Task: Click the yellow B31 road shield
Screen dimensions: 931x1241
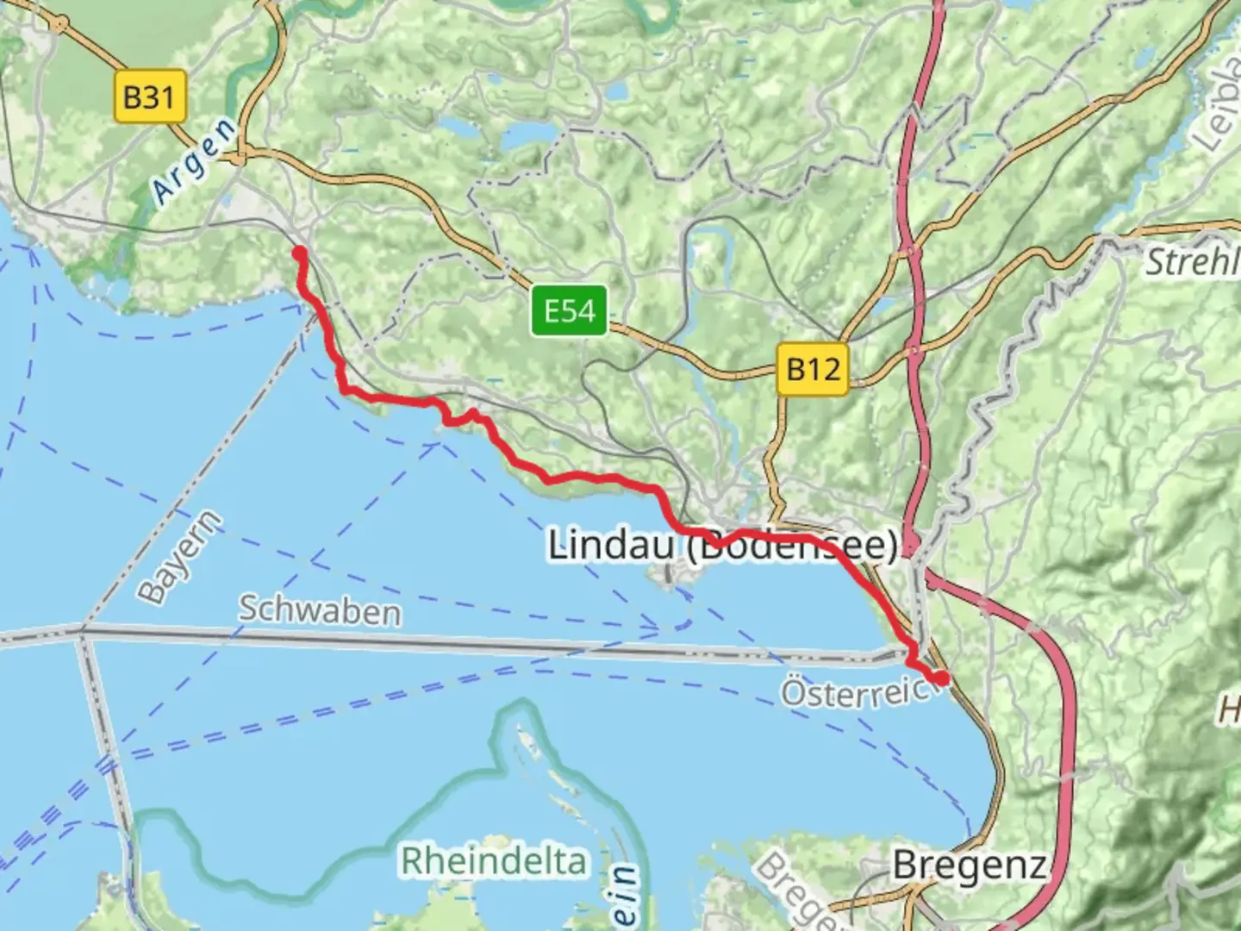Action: [149, 96]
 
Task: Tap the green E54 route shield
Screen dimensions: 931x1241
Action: [570, 309]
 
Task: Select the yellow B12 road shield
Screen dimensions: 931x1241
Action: [813, 369]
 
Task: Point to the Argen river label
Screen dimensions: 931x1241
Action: [194, 162]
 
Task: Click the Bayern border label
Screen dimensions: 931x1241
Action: [180, 558]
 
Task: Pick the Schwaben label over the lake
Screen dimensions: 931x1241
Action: [319, 610]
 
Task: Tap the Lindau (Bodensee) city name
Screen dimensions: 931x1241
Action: [722, 546]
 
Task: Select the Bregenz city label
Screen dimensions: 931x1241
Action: [970, 864]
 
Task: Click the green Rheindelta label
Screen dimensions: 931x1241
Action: [493, 860]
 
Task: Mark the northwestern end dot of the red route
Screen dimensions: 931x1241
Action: [299, 253]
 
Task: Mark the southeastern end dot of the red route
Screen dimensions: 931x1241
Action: [942, 678]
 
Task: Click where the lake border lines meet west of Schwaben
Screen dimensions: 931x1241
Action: [82, 632]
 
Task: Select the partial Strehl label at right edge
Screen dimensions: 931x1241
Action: [1192, 261]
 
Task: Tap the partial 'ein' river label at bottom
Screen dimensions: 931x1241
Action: [627, 897]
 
